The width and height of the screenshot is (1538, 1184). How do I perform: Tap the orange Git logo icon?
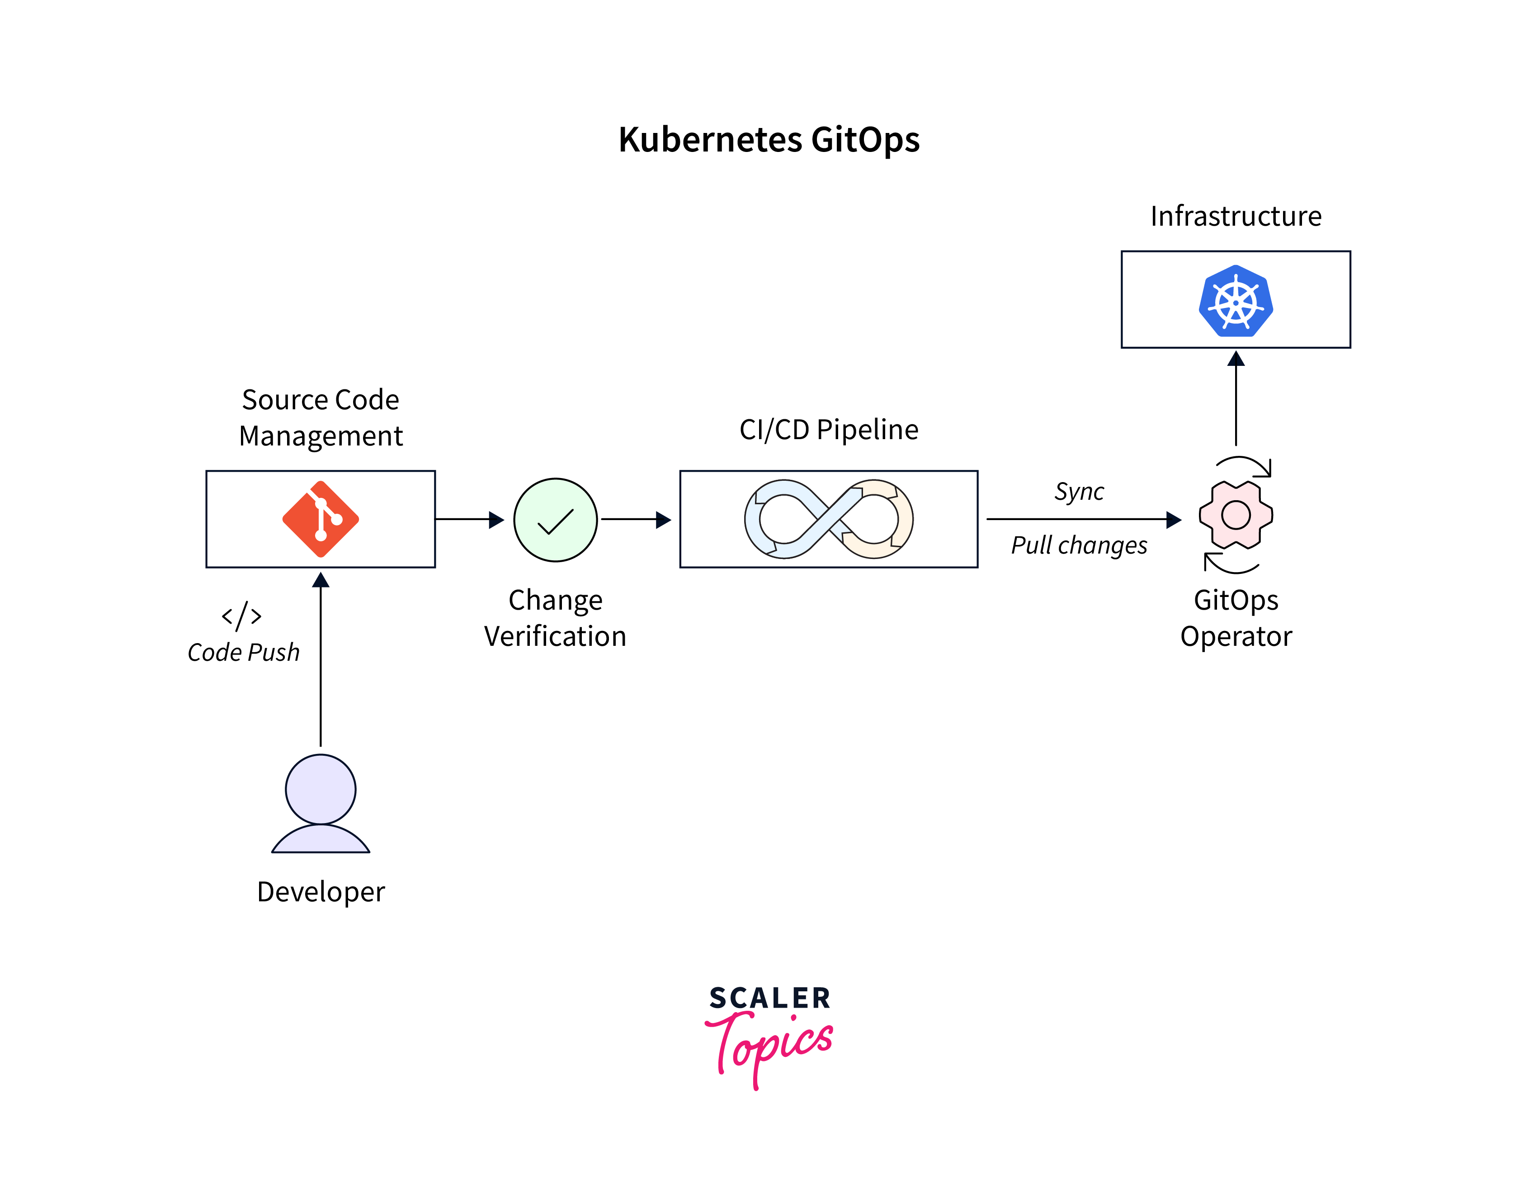point(321,519)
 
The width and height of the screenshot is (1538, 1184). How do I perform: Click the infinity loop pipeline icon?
point(828,519)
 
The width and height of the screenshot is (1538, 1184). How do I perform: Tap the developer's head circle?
point(321,789)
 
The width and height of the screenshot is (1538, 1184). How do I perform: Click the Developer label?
point(321,892)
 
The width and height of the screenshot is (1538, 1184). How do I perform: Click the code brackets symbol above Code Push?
point(241,616)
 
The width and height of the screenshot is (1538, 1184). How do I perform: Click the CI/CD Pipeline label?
point(828,430)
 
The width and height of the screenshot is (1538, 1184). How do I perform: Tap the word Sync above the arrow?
point(1079,491)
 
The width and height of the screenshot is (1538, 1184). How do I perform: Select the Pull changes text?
point(1079,545)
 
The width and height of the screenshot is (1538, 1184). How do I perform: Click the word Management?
point(321,436)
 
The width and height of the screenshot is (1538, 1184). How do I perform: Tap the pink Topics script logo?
point(769,1046)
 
